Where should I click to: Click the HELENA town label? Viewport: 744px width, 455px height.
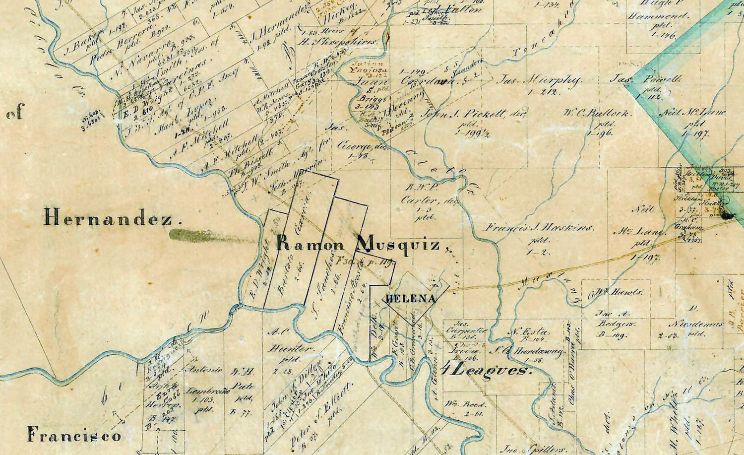tap(411, 299)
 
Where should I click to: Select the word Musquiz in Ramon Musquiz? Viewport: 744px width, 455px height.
tap(399, 244)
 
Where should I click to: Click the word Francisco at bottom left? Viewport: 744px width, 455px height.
tap(74, 436)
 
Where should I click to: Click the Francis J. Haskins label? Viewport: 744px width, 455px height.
tap(539, 228)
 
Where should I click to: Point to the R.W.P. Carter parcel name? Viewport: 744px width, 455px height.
tap(420, 194)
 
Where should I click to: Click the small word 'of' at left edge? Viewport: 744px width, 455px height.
tap(15, 113)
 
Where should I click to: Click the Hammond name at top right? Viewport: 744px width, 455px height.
tap(658, 16)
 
